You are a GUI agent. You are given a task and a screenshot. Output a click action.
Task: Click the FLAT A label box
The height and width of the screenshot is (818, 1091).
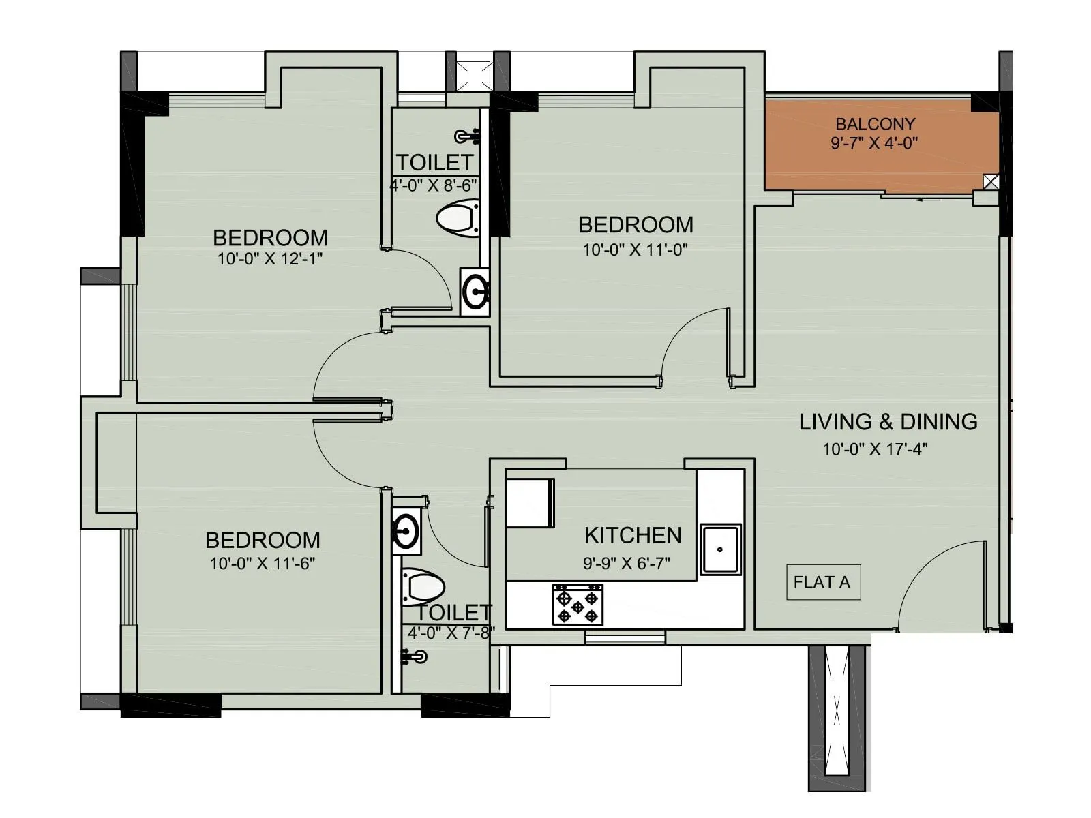(823, 582)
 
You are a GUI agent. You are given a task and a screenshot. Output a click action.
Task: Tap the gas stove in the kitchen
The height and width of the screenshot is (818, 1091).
(578, 605)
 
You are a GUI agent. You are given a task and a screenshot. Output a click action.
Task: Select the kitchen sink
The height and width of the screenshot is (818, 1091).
(721, 549)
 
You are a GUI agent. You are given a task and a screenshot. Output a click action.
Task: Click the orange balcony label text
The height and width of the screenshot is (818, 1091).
(875, 125)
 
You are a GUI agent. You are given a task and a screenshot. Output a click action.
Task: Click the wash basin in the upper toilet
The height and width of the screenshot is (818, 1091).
(475, 292)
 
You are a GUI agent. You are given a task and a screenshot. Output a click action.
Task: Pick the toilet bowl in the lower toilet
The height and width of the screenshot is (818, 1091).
(422, 586)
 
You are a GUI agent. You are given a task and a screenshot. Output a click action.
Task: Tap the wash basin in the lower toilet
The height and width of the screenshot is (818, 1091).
(406, 530)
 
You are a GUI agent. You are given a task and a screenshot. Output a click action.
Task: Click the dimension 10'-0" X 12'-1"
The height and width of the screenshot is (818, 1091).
(269, 259)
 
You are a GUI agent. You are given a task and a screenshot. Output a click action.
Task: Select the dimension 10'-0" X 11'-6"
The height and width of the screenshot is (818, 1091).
(263, 564)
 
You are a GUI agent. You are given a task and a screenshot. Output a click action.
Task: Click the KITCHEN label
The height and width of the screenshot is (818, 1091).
(633, 536)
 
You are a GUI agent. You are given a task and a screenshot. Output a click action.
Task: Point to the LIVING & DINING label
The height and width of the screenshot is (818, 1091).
(888, 422)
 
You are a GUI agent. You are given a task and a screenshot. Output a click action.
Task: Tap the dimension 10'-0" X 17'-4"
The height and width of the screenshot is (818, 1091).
(875, 449)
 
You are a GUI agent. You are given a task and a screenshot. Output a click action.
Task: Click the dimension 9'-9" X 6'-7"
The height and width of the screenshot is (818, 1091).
(627, 563)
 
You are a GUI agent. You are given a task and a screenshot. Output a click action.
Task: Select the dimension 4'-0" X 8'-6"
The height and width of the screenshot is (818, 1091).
(433, 185)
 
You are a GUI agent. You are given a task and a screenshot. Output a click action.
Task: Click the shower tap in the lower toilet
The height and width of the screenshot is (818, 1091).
(415, 657)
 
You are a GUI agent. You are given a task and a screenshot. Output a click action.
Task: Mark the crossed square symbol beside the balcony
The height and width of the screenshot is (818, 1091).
(991, 181)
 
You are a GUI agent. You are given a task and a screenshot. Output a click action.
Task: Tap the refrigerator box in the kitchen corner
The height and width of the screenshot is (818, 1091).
(530, 502)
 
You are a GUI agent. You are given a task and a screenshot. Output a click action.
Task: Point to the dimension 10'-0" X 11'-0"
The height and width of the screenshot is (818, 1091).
(635, 250)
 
